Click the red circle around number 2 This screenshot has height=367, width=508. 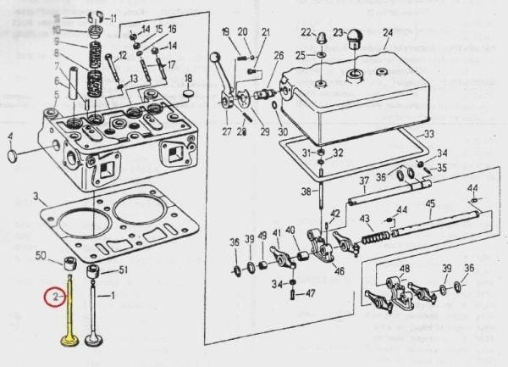pos(53,297)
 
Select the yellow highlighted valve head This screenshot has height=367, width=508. pos(69,342)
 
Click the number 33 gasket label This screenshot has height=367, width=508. pos(429,134)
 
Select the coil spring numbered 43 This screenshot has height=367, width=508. pos(372,236)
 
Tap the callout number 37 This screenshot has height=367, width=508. pos(363,181)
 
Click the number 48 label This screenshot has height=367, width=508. pos(405,270)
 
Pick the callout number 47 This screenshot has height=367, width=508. pos(310,293)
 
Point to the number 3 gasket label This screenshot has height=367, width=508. pos(36,196)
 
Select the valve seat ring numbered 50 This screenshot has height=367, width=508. pos(71,260)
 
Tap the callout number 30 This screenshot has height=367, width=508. pos(283,131)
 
